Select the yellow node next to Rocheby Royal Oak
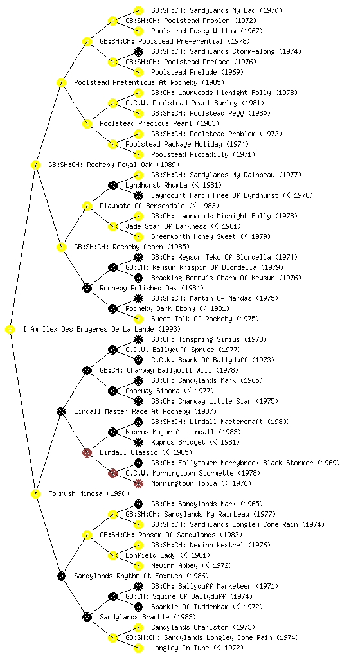tap(35, 164)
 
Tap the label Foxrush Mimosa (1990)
tap(89, 494)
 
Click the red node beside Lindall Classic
tap(87, 452)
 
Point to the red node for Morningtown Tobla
tap(138, 483)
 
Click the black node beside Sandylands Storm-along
tap(138, 51)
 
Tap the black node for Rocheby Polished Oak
tap(87, 288)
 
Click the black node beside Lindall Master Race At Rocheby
tap(61, 411)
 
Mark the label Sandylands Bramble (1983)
tap(148, 618)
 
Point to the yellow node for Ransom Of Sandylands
tap(87, 535)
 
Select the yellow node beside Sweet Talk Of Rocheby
tap(138, 319)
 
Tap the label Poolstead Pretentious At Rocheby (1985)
tap(149, 82)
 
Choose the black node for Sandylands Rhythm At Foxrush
tap(61, 576)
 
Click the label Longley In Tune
tap(180, 648)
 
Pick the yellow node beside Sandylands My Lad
tap(138, 10)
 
